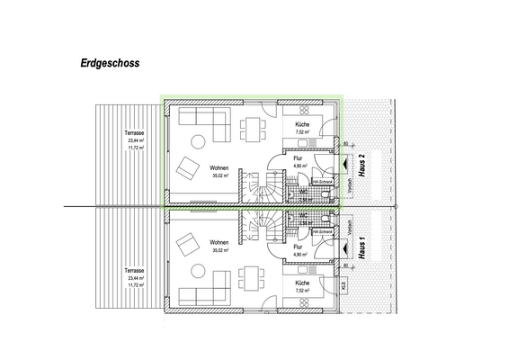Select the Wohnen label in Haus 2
219,168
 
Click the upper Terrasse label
136,133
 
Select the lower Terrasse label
136,271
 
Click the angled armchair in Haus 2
189,168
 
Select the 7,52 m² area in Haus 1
301,291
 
